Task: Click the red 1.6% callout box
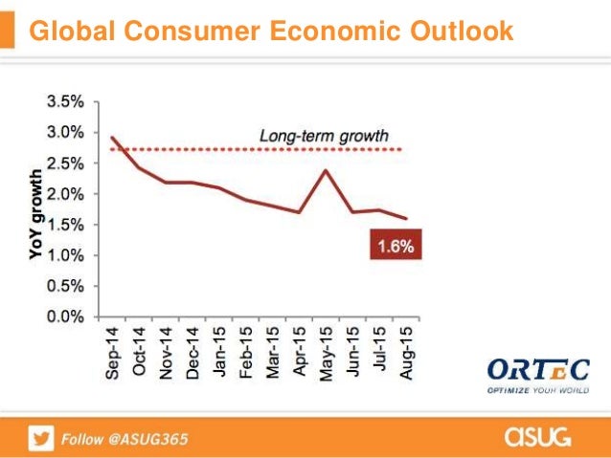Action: pyautogui.click(x=394, y=247)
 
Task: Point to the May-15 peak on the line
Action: pyautogui.click(x=328, y=170)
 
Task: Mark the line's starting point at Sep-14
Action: pyautogui.click(x=113, y=138)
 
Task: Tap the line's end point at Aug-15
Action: pyautogui.click(x=407, y=218)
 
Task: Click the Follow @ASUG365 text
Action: pyautogui.click(x=125, y=439)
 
